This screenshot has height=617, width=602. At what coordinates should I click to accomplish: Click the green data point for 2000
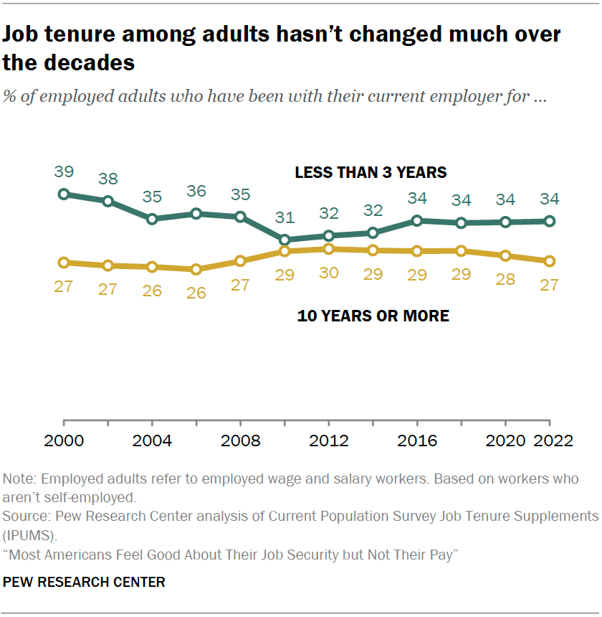click(x=64, y=194)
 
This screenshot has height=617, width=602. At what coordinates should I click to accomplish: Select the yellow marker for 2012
click(x=329, y=249)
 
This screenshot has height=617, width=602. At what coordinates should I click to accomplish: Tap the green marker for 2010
click(x=285, y=240)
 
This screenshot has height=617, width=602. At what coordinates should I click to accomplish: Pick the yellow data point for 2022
click(x=550, y=261)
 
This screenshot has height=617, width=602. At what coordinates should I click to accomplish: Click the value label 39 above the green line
click(x=64, y=171)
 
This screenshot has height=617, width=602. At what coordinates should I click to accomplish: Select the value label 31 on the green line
click(x=285, y=217)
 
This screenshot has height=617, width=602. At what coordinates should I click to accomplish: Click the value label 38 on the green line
click(x=108, y=179)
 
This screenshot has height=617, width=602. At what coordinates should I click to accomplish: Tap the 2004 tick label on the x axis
click(x=152, y=441)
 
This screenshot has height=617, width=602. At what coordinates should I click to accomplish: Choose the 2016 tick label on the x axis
click(x=417, y=441)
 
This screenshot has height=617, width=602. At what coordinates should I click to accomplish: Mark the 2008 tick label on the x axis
click(x=240, y=441)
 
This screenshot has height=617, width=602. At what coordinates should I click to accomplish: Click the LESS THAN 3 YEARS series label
click(x=371, y=172)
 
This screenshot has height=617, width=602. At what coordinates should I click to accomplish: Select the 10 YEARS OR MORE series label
click(x=373, y=316)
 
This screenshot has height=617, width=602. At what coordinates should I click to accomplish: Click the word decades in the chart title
click(x=88, y=62)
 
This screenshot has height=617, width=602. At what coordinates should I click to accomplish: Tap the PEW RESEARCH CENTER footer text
click(x=84, y=582)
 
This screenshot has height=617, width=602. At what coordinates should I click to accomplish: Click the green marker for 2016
click(x=417, y=221)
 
